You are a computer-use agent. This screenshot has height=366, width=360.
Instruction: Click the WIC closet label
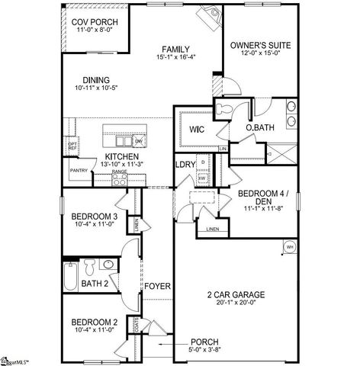pyautogui.click(x=196, y=129)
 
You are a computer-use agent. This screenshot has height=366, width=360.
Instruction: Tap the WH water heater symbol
pyautogui.click(x=290, y=247)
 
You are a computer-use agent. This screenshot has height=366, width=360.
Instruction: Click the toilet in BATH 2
pyautogui.click(x=91, y=267)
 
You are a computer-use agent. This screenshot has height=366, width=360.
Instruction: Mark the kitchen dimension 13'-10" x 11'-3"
pyautogui.click(x=117, y=164)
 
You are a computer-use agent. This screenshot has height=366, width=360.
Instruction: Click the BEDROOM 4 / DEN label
pyautogui.click(x=259, y=198)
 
